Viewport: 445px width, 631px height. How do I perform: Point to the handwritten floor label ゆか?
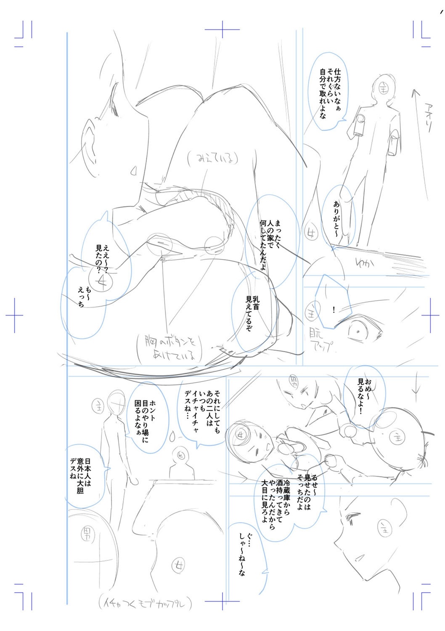[365, 265]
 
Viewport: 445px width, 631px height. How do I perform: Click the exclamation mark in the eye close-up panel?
[333, 310]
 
